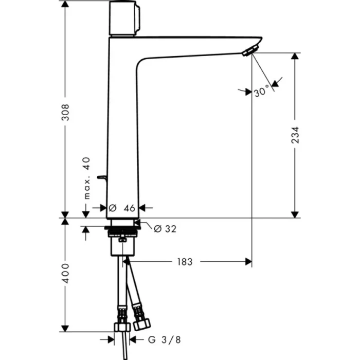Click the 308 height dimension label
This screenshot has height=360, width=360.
click(65, 112)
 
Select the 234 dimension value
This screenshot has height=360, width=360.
click(295, 135)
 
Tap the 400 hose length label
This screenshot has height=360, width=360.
click(65, 274)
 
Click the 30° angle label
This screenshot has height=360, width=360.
click(262, 92)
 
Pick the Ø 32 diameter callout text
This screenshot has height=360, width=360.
click(165, 229)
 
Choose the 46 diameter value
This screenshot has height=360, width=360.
click(129, 208)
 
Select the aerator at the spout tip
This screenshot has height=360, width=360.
click(249, 50)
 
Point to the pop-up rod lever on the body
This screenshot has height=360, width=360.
click(101, 178)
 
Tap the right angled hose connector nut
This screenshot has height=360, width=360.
click(141, 324)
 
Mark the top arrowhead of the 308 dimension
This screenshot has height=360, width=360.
click(65, 4)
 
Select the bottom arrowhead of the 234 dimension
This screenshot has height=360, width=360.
click(295, 213)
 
